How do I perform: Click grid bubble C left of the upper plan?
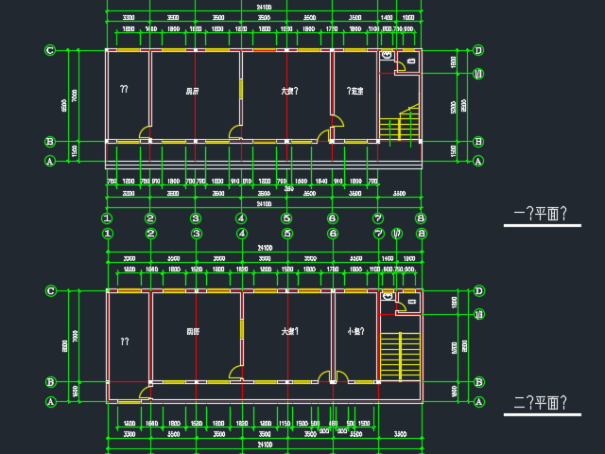[50, 50]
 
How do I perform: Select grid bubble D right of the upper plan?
[478, 50]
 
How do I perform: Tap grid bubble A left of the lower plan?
[50, 402]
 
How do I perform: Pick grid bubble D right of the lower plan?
[478, 290]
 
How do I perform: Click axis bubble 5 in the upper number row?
[286, 218]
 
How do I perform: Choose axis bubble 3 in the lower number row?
[196, 233]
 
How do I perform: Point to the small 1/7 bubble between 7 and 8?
[397, 233]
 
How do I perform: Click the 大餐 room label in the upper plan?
[289, 92]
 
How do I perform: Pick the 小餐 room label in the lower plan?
[355, 332]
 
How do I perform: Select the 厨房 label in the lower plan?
[193, 332]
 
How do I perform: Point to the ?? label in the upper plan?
[124, 90]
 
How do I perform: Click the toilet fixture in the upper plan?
[387, 57]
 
